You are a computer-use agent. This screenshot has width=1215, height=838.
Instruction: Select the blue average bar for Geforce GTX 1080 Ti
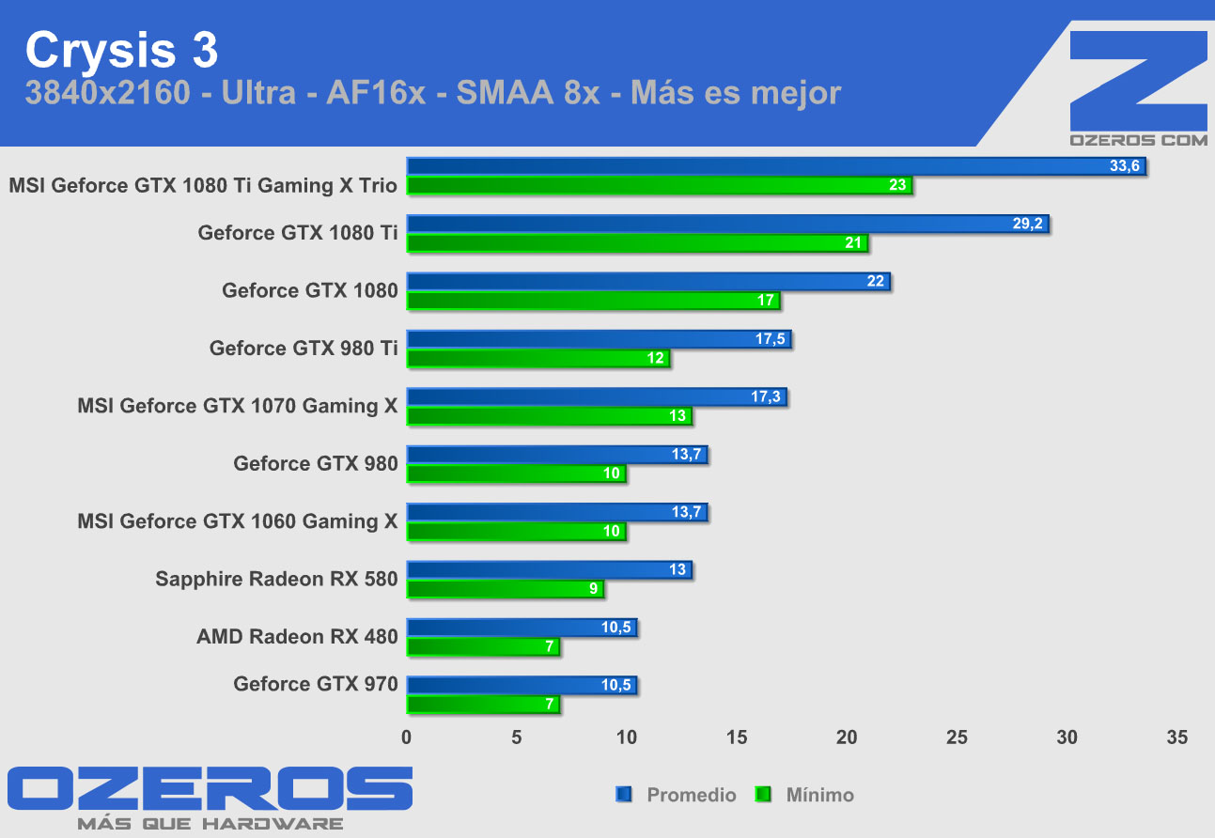click(x=727, y=225)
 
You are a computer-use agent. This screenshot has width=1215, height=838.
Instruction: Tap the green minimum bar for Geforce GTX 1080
click(x=593, y=301)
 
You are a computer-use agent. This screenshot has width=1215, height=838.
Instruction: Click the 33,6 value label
click(x=1124, y=166)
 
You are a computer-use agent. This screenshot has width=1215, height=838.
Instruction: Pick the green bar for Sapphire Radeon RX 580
click(x=505, y=589)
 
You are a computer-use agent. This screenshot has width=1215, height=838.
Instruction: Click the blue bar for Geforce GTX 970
click(x=522, y=685)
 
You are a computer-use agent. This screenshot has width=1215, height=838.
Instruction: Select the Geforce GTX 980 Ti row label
click(x=304, y=349)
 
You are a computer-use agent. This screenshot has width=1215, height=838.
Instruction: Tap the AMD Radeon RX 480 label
click(x=297, y=637)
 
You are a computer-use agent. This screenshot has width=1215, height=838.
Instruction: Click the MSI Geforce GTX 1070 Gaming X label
click(x=238, y=406)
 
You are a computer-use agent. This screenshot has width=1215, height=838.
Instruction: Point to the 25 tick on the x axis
click(x=957, y=737)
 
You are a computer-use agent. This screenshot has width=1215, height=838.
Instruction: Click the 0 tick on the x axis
click(x=407, y=737)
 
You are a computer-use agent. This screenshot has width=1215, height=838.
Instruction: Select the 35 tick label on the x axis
click(x=1176, y=737)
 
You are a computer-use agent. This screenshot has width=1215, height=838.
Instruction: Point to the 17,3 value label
click(x=766, y=397)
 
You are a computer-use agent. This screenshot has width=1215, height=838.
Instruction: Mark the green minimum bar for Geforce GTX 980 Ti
click(x=537, y=358)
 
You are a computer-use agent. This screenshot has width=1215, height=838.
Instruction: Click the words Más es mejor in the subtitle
click(x=736, y=93)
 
